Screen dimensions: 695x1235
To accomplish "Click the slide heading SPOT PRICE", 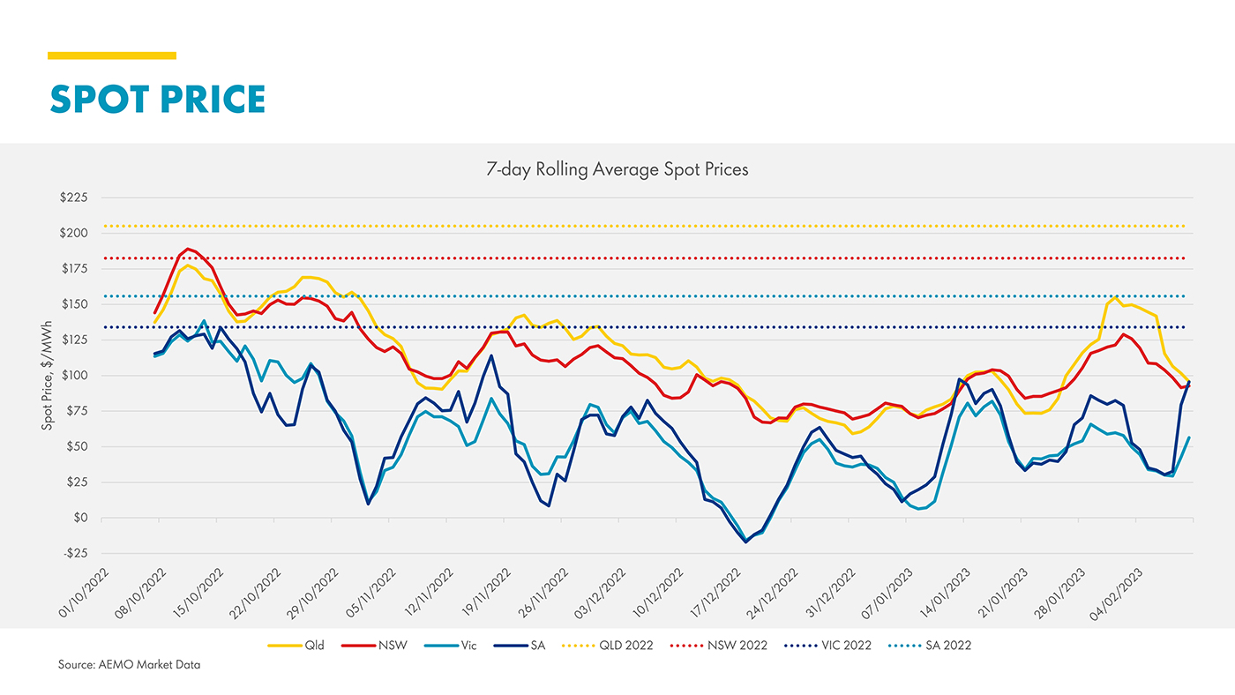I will [157, 99].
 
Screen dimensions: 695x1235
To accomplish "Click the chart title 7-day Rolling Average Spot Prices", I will [617, 169].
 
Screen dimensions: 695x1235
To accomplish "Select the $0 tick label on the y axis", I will [80, 518].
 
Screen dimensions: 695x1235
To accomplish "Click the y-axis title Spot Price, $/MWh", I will [46, 376].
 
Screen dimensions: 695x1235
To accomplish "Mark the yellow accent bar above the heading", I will [112, 56].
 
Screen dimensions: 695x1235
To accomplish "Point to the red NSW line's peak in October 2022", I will [187, 249].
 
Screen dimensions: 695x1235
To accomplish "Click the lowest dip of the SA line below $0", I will [746, 542].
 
